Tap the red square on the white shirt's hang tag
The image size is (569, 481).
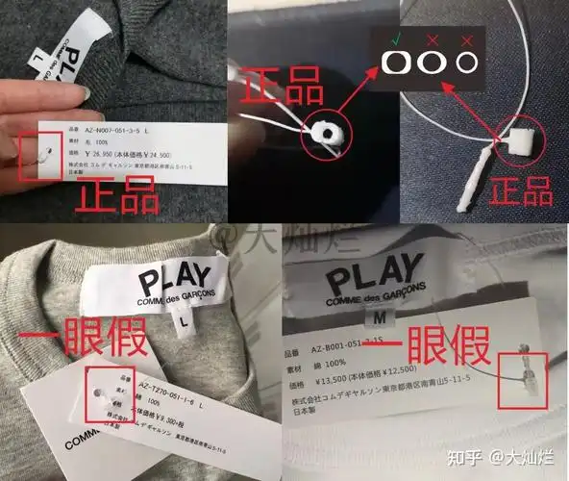coord(524,379)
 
